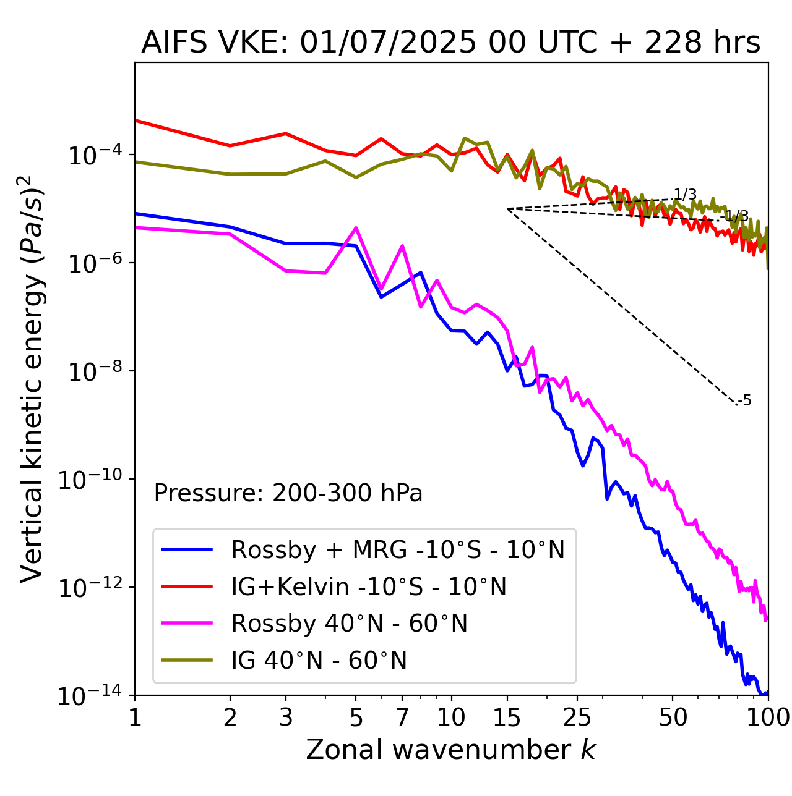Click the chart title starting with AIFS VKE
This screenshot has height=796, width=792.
pyautogui.click(x=450, y=43)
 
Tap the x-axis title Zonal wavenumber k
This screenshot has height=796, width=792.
pyautogui.click(x=450, y=750)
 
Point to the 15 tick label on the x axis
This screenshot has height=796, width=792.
pyautogui.click(x=507, y=718)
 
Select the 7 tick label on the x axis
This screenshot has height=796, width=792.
pyautogui.click(x=402, y=718)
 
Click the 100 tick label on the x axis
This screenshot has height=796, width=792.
pyautogui.click(x=768, y=718)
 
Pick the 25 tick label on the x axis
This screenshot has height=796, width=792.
pyautogui.click(x=577, y=718)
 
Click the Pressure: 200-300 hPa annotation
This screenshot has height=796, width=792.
pyautogui.click(x=288, y=493)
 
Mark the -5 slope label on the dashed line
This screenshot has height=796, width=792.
pyautogui.click(x=746, y=400)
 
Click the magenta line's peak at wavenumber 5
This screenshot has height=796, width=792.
pyautogui.click(x=356, y=227)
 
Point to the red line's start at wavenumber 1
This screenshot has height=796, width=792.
pyautogui.click(x=136, y=120)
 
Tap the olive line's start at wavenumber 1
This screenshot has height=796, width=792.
pyautogui.click(x=136, y=162)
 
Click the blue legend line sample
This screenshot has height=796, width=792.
pyautogui.click(x=187, y=549)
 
